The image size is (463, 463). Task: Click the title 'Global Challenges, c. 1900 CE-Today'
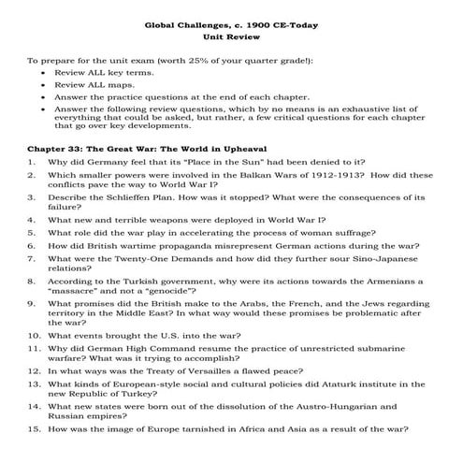(x=230, y=26)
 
